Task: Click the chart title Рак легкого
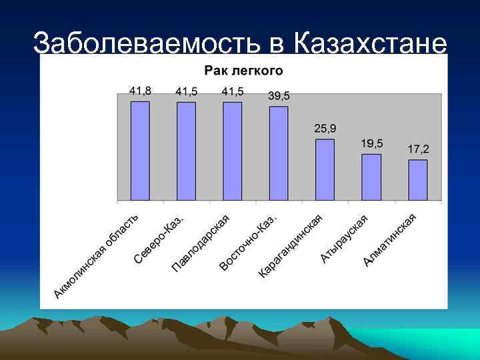(243, 70)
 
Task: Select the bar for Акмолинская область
(140, 151)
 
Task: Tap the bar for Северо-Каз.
(186, 151)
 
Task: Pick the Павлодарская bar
(233, 151)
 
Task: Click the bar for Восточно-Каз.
(279, 153)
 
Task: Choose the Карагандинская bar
(325, 169)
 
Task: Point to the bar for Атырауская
(371, 177)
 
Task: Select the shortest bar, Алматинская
(418, 180)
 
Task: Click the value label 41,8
(140, 90)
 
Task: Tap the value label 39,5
(279, 96)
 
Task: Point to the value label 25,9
(325, 127)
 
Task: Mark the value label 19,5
(372, 143)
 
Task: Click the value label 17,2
(419, 149)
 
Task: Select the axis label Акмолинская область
(97, 257)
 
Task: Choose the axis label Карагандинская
(290, 247)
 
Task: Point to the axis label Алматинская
(391, 240)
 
